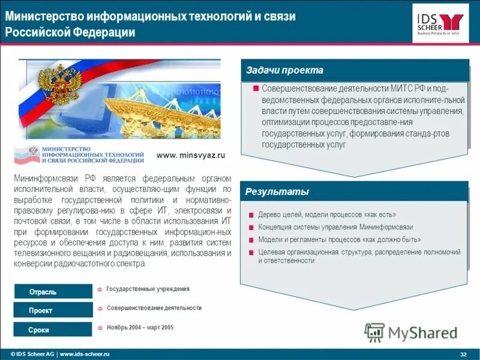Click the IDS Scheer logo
click(440, 23)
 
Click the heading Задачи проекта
click(284, 70)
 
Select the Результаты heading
click(277, 192)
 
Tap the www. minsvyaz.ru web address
click(190, 155)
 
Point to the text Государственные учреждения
click(148, 289)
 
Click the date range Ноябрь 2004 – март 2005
click(140, 328)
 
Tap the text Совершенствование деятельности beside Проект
click(154, 308)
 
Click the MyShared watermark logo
click(411, 332)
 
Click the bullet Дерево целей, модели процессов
click(327, 215)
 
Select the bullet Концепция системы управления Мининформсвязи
click(335, 227)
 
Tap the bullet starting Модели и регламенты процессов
click(339, 239)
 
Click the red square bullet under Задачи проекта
click(256, 89)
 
